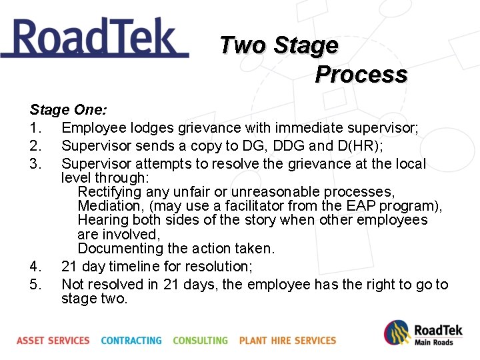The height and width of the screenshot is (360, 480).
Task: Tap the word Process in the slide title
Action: pyautogui.click(x=361, y=74)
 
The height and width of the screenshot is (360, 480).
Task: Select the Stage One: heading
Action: pyautogui.click(x=69, y=109)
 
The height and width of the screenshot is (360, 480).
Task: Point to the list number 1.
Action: pyautogui.click(x=35, y=127)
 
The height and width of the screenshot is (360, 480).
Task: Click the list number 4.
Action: pyautogui.click(x=35, y=267)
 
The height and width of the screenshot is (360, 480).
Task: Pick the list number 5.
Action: pyautogui.click(x=35, y=285)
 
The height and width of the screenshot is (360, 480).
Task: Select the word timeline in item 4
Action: pyautogui.click(x=140, y=267)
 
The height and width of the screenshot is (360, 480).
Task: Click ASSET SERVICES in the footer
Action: pyautogui.click(x=53, y=340)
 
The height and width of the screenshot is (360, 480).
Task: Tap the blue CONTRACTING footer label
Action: pyautogui.click(x=131, y=340)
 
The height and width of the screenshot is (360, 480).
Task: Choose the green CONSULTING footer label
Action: pyautogui.click(x=200, y=340)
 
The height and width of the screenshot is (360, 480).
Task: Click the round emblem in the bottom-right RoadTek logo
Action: pyautogui.click(x=397, y=333)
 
